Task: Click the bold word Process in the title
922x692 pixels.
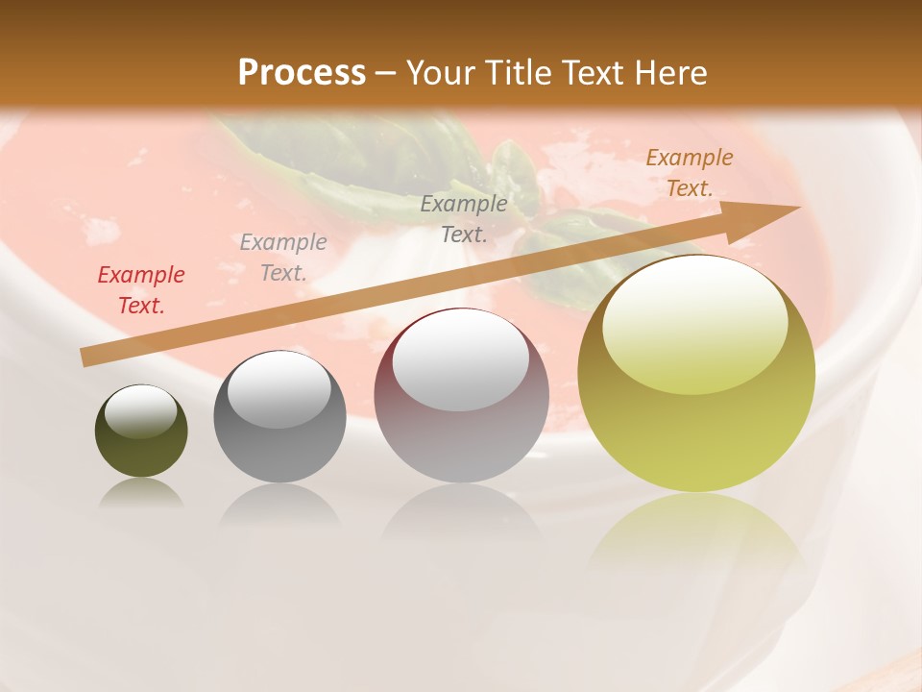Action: tap(302, 73)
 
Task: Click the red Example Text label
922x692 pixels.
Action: tap(141, 290)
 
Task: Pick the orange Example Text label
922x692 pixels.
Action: tap(689, 173)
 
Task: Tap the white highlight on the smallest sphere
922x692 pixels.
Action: tap(140, 411)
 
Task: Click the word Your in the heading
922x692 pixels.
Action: tap(440, 73)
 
